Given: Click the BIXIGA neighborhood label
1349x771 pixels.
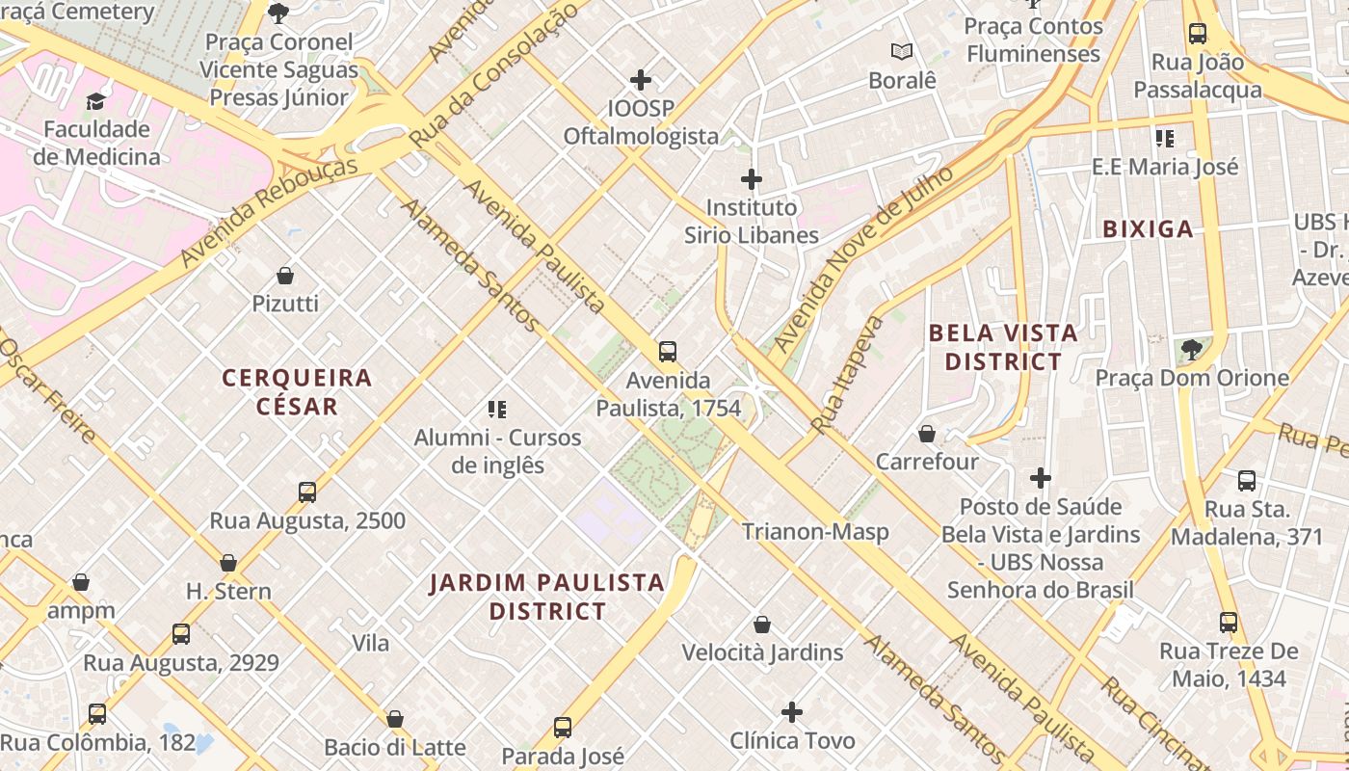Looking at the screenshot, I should click(x=1148, y=229).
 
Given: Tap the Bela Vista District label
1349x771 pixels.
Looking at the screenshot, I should click(x=1003, y=348).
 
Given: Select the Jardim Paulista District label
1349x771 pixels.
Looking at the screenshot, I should click(x=547, y=597).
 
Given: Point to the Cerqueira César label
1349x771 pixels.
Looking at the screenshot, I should click(x=297, y=391).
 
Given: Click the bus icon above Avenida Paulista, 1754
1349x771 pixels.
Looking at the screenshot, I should click(x=668, y=352).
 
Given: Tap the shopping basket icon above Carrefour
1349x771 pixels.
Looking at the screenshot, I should click(x=927, y=434).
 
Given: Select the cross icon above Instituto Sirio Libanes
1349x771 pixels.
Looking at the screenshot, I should click(x=752, y=179).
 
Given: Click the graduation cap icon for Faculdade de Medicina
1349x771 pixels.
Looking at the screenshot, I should click(x=95, y=101).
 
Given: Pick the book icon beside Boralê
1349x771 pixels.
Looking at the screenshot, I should click(x=902, y=52).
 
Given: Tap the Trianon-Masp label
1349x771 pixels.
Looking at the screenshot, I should click(x=815, y=531).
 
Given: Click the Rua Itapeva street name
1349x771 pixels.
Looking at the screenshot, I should click(x=834, y=374).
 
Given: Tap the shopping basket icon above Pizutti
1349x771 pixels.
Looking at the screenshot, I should click(x=285, y=277).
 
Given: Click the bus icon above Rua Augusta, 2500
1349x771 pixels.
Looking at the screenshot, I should click(x=307, y=492).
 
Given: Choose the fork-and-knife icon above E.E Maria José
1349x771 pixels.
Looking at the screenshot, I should click(x=1165, y=139).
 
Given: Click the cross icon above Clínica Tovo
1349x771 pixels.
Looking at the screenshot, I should click(x=792, y=712).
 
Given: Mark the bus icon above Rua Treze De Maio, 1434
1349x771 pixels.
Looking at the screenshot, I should click(x=1229, y=623).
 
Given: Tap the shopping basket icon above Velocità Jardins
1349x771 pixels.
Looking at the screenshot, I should click(x=762, y=625).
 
